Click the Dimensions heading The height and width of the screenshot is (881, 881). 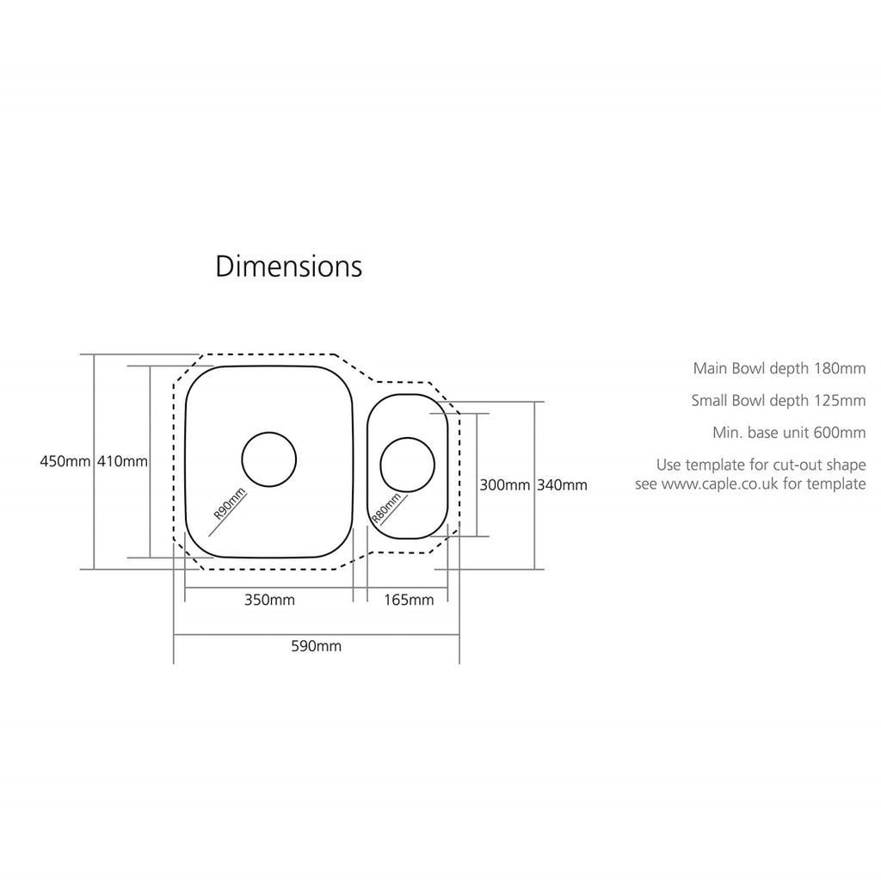tap(289, 267)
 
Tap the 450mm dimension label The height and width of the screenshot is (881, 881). tap(65, 461)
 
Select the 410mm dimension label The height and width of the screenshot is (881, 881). tap(122, 461)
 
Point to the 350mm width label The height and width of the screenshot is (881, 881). tap(269, 600)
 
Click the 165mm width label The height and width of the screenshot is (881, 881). tap(409, 600)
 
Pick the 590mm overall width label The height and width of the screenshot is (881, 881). tap(316, 646)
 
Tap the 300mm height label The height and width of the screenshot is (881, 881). tap(504, 485)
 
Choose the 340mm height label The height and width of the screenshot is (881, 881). tap(562, 485)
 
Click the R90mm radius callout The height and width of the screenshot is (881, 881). tap(229, 503)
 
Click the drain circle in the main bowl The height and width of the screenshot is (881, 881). tap(269, 433)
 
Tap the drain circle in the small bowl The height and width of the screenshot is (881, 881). tap(407, 438)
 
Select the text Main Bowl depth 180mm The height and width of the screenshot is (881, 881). tap(779, 368)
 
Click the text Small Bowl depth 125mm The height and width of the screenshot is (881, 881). tap(778, 401)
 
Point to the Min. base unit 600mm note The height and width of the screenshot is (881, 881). tap(789, 433)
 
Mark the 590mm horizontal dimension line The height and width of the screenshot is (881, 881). tap(317, 635)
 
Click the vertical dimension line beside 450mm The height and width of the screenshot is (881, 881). tap(95, 462)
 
